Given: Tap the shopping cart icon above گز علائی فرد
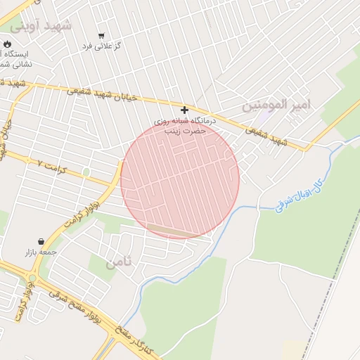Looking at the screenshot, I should pos(101,35).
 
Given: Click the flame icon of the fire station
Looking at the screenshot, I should pos(7,44).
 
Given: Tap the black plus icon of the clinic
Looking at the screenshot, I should pos(184,110).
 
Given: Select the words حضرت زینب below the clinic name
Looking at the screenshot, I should pos(184,131).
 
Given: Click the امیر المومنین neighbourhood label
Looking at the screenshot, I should pos(276,105).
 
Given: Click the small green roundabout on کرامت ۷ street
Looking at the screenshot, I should pos(86,172).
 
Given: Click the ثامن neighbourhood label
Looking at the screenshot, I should pos(119,264).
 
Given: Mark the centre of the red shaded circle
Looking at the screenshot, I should pos(180,179).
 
